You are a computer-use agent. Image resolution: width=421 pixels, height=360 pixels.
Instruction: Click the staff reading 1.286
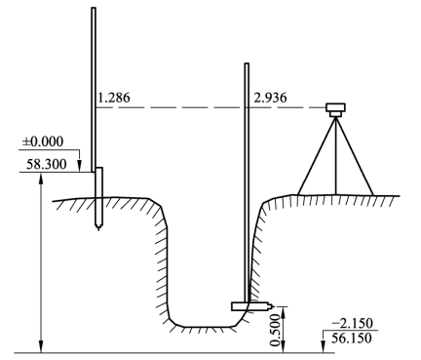[x=114, y=98]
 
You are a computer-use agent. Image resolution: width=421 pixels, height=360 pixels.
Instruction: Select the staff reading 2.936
[x=270, y=98]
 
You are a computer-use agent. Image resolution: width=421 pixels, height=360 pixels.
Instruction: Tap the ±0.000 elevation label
[x=43, y=141]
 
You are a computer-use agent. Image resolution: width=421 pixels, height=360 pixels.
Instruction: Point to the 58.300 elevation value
[x=47, y=165]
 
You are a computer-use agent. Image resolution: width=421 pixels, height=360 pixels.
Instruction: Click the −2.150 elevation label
[x=353, y=324]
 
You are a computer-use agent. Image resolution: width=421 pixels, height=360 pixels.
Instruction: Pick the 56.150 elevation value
[x=352, y=339]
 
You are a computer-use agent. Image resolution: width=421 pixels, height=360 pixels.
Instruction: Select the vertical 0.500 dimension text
[x=276, y=330]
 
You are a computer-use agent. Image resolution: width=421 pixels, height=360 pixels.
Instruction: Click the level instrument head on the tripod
[x=335, y=110]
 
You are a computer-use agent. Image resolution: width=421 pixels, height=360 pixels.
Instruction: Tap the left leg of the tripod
[x=317, y=157]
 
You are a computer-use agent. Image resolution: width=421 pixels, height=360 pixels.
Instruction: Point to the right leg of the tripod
[x=355, y=157]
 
